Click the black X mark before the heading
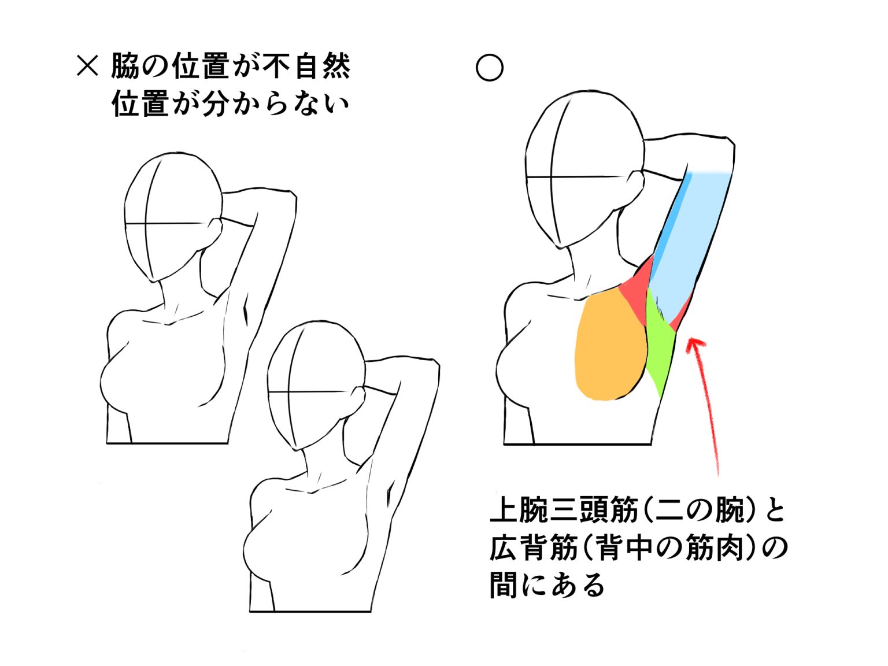tap(87, 66)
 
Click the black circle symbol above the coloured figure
tap(489, 68)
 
